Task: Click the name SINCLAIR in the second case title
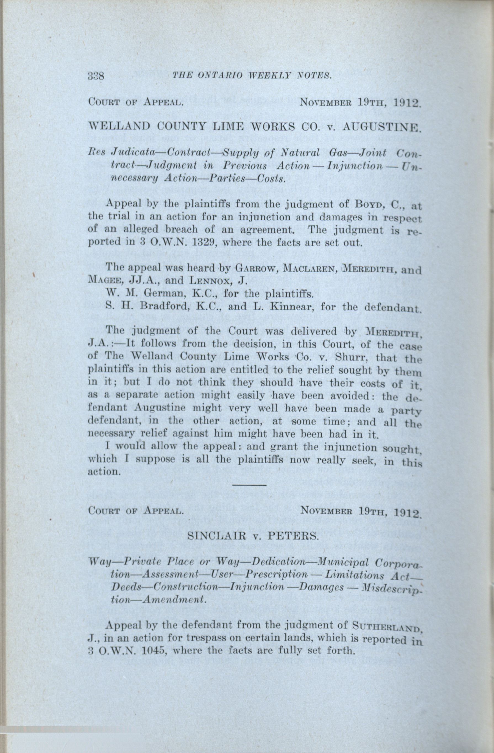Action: pyautogui.click(x=214, y=536)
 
